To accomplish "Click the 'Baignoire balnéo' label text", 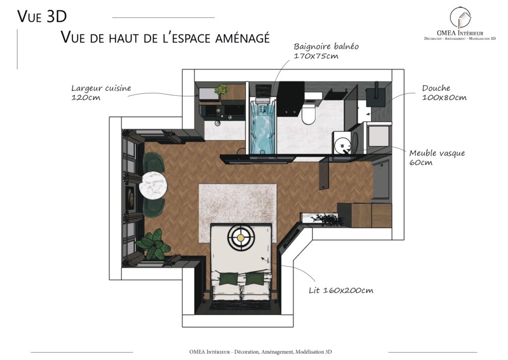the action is point(326,46).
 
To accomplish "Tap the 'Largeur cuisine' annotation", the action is point(101,88).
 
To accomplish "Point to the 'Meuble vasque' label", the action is point(437,153).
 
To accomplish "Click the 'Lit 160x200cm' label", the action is point(341,290).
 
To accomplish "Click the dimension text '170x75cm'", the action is point(316,56).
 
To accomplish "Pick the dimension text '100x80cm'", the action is point(444,98).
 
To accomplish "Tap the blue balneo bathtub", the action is point(263,127).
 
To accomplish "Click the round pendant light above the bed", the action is point(241,238).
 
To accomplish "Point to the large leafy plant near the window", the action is point(154,245).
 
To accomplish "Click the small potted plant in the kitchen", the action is point(221,89).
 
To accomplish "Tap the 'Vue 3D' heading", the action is point(42,16).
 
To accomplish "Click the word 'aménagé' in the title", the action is point(242,38).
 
